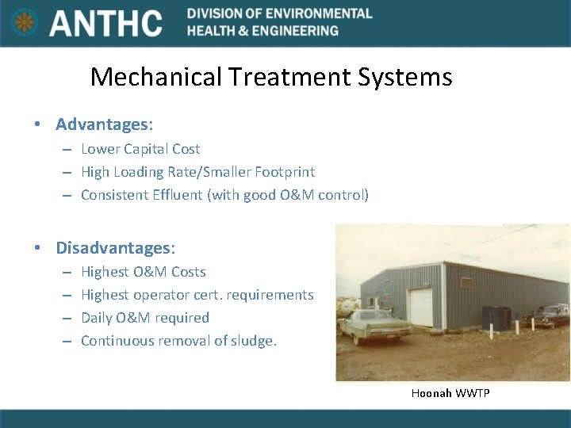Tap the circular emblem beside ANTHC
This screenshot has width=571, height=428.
point(25,23)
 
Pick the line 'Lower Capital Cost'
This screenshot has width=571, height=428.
point(140,149)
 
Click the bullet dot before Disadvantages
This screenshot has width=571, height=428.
point(37,247)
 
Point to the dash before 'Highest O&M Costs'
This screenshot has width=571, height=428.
point(64,273)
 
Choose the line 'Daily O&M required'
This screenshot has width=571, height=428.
point(145,318)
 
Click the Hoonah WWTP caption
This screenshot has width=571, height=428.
point(450,393)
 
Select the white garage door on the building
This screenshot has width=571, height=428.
point(420,308)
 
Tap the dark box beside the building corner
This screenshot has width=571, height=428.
point(496,317)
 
